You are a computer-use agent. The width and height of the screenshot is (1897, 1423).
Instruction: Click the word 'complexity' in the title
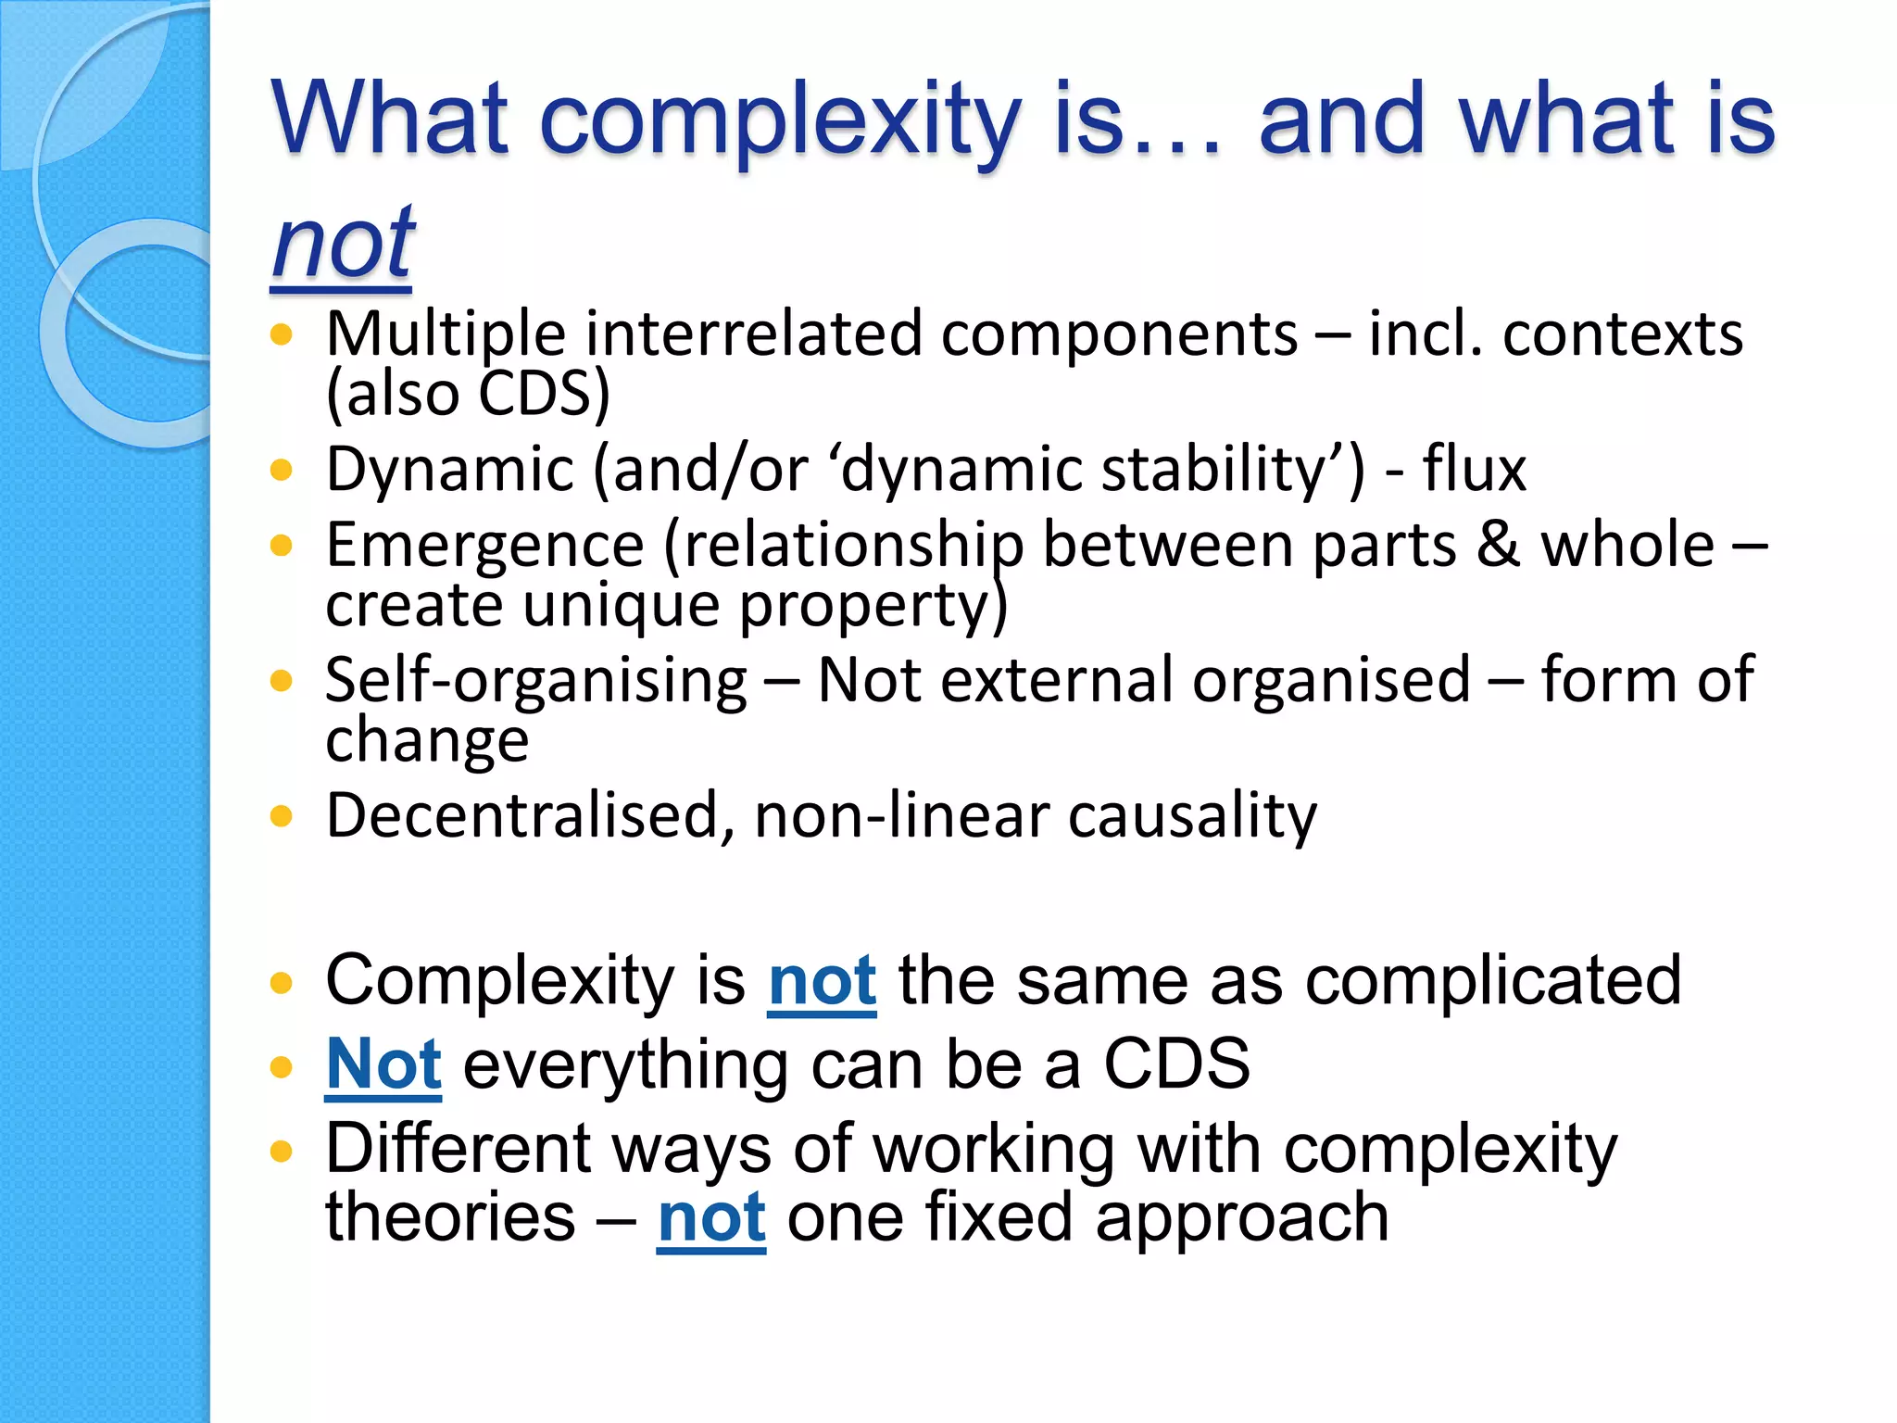[779, 120]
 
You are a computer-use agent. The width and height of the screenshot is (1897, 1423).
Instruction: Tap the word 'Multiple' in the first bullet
[445, 335]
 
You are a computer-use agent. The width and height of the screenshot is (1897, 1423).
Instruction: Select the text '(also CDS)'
[468, 394]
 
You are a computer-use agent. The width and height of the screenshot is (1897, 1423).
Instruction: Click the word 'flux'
[1474, 469]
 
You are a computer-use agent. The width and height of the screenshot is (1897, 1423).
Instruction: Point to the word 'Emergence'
[484, 545]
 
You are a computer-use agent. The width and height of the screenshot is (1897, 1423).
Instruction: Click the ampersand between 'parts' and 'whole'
[1498, 545]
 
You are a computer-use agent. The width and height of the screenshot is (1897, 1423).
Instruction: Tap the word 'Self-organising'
[535, 681]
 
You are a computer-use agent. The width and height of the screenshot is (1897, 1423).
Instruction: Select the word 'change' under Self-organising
[427, 740]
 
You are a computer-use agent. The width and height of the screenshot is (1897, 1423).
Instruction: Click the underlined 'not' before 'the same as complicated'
[822, 981]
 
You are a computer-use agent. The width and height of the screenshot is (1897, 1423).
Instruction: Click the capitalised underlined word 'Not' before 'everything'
[383, 1064]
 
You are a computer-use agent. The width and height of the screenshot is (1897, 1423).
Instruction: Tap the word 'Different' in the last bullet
[458, 1149]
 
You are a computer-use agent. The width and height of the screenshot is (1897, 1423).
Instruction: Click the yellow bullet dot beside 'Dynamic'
[281, 470]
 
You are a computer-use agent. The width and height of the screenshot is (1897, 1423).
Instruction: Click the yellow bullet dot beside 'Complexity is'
[281, 983]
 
